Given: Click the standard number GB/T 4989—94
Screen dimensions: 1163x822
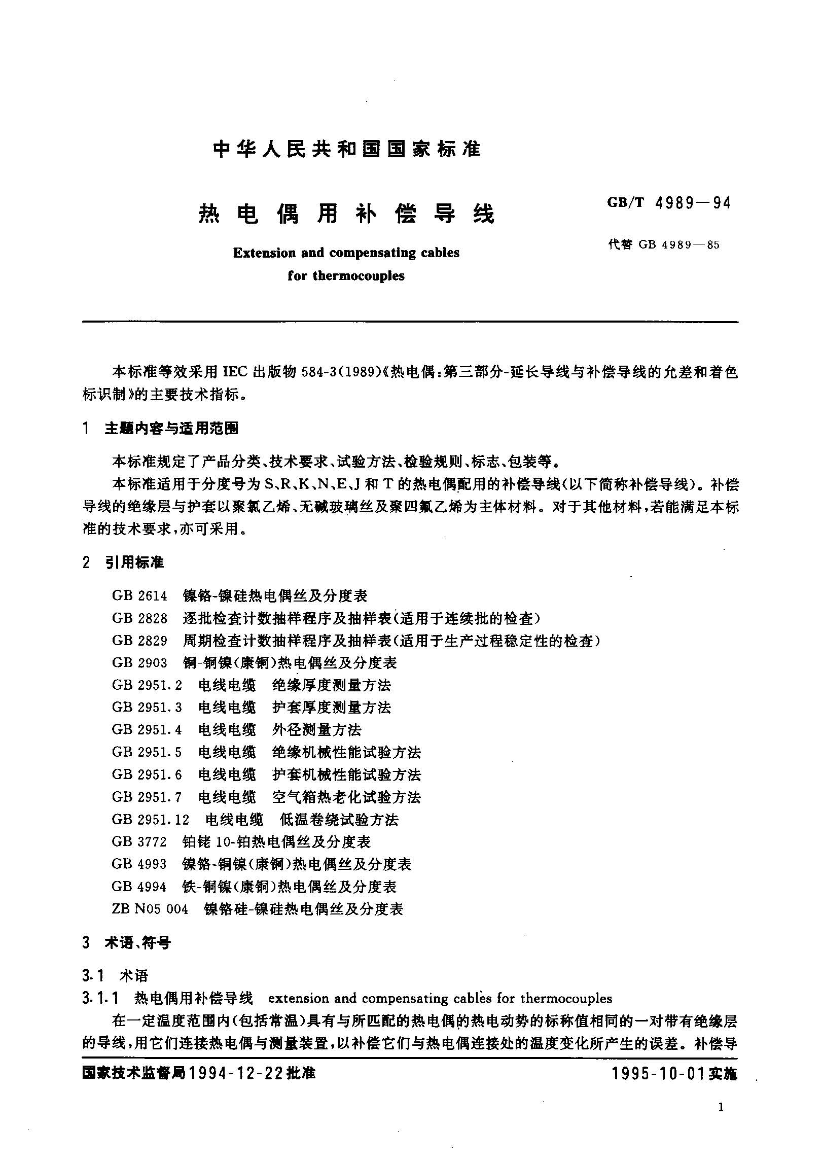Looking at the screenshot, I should tap(669, 203).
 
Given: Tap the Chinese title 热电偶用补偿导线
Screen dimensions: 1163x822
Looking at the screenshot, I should tap(346, 215).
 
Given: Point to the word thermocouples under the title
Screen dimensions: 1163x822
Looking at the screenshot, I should tap(359, 276).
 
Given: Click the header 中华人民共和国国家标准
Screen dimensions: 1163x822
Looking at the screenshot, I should tap(346, 150).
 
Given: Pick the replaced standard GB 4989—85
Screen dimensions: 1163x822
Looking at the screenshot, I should tap(678, 245).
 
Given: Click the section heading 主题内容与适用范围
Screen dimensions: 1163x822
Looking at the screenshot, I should tap(171, 429).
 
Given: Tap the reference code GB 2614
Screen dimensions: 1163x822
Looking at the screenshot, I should tap(139, 595).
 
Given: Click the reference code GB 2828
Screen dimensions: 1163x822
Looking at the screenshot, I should tap(139, 618).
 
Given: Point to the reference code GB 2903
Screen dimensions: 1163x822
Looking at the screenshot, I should tap(139, 662).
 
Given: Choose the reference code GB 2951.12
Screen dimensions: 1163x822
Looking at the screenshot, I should tap(151, 819).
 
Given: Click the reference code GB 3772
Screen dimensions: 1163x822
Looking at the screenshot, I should tap(139, 841).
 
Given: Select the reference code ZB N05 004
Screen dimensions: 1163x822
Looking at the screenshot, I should tap(150, 909).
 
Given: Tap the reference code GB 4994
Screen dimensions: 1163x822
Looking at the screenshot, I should tap(139, 887).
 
